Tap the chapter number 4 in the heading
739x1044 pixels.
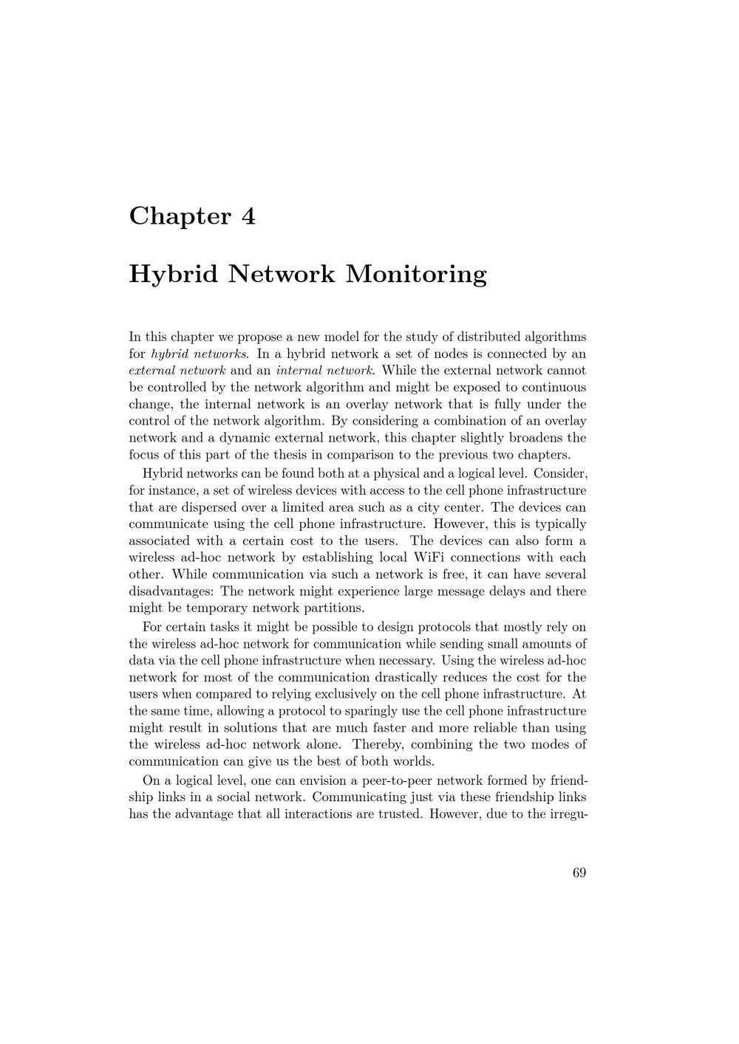pyautogui.click(x=248, y=216)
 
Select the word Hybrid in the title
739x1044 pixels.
pyautogui.click(x=173, y=274)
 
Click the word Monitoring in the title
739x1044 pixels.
pyautogui.click(x=416, y=274)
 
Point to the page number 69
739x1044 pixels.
pyautogui.click(x=579, y=873)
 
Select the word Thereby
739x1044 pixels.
pyautogui.click(x=376, y=744)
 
